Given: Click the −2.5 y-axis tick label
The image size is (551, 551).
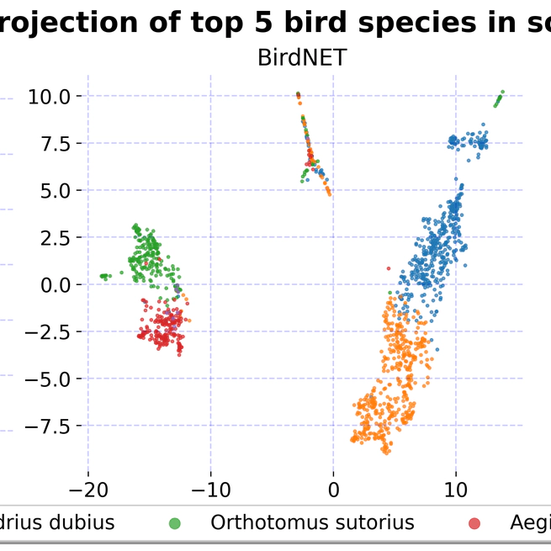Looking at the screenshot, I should coord(52,331).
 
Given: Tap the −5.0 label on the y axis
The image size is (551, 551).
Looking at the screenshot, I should coord(52,379).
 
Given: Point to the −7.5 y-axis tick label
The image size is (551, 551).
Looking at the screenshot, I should coord(52,426).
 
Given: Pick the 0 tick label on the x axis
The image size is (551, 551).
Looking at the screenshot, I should coord(333,488).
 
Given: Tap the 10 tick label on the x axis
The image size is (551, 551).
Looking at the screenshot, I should coord(456,488).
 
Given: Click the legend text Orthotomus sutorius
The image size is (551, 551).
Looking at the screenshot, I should coord(312,522).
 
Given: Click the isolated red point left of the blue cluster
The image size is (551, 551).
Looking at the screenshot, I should coord(388,268).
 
